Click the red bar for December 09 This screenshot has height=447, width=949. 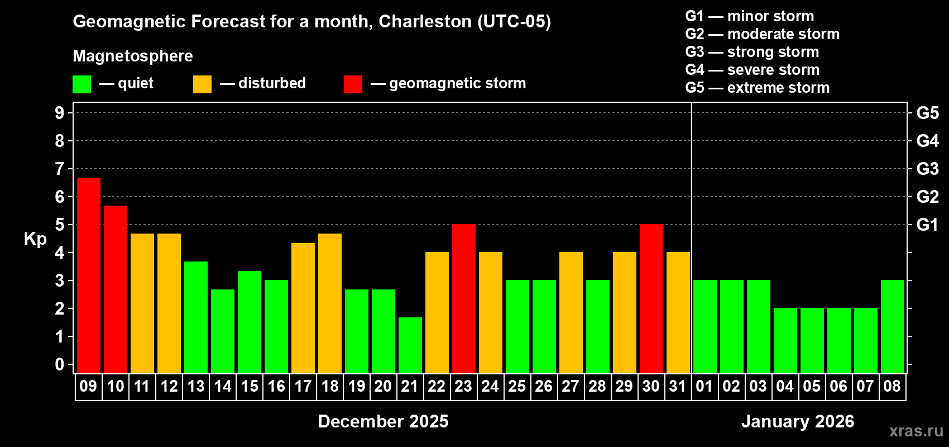89,275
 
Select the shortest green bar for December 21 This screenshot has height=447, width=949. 410,345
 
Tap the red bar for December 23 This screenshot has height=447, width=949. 464,299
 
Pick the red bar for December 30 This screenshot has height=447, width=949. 651,299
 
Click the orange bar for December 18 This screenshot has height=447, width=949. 330,303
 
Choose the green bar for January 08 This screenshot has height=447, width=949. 893,327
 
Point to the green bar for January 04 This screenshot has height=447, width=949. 785,341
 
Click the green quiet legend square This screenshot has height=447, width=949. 82,84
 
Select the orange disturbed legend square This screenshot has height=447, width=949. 202,84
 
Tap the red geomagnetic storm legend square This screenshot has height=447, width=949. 353,84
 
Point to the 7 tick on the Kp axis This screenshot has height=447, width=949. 60,169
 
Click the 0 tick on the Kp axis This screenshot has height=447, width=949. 60,365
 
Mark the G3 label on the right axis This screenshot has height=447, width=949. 927,169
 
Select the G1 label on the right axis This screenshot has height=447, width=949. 927,225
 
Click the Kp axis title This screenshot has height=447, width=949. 35,239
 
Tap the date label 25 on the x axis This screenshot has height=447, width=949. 517,386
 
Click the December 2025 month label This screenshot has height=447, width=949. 383,421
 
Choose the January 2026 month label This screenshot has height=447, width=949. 797,421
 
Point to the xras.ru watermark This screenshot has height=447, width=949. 916,431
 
